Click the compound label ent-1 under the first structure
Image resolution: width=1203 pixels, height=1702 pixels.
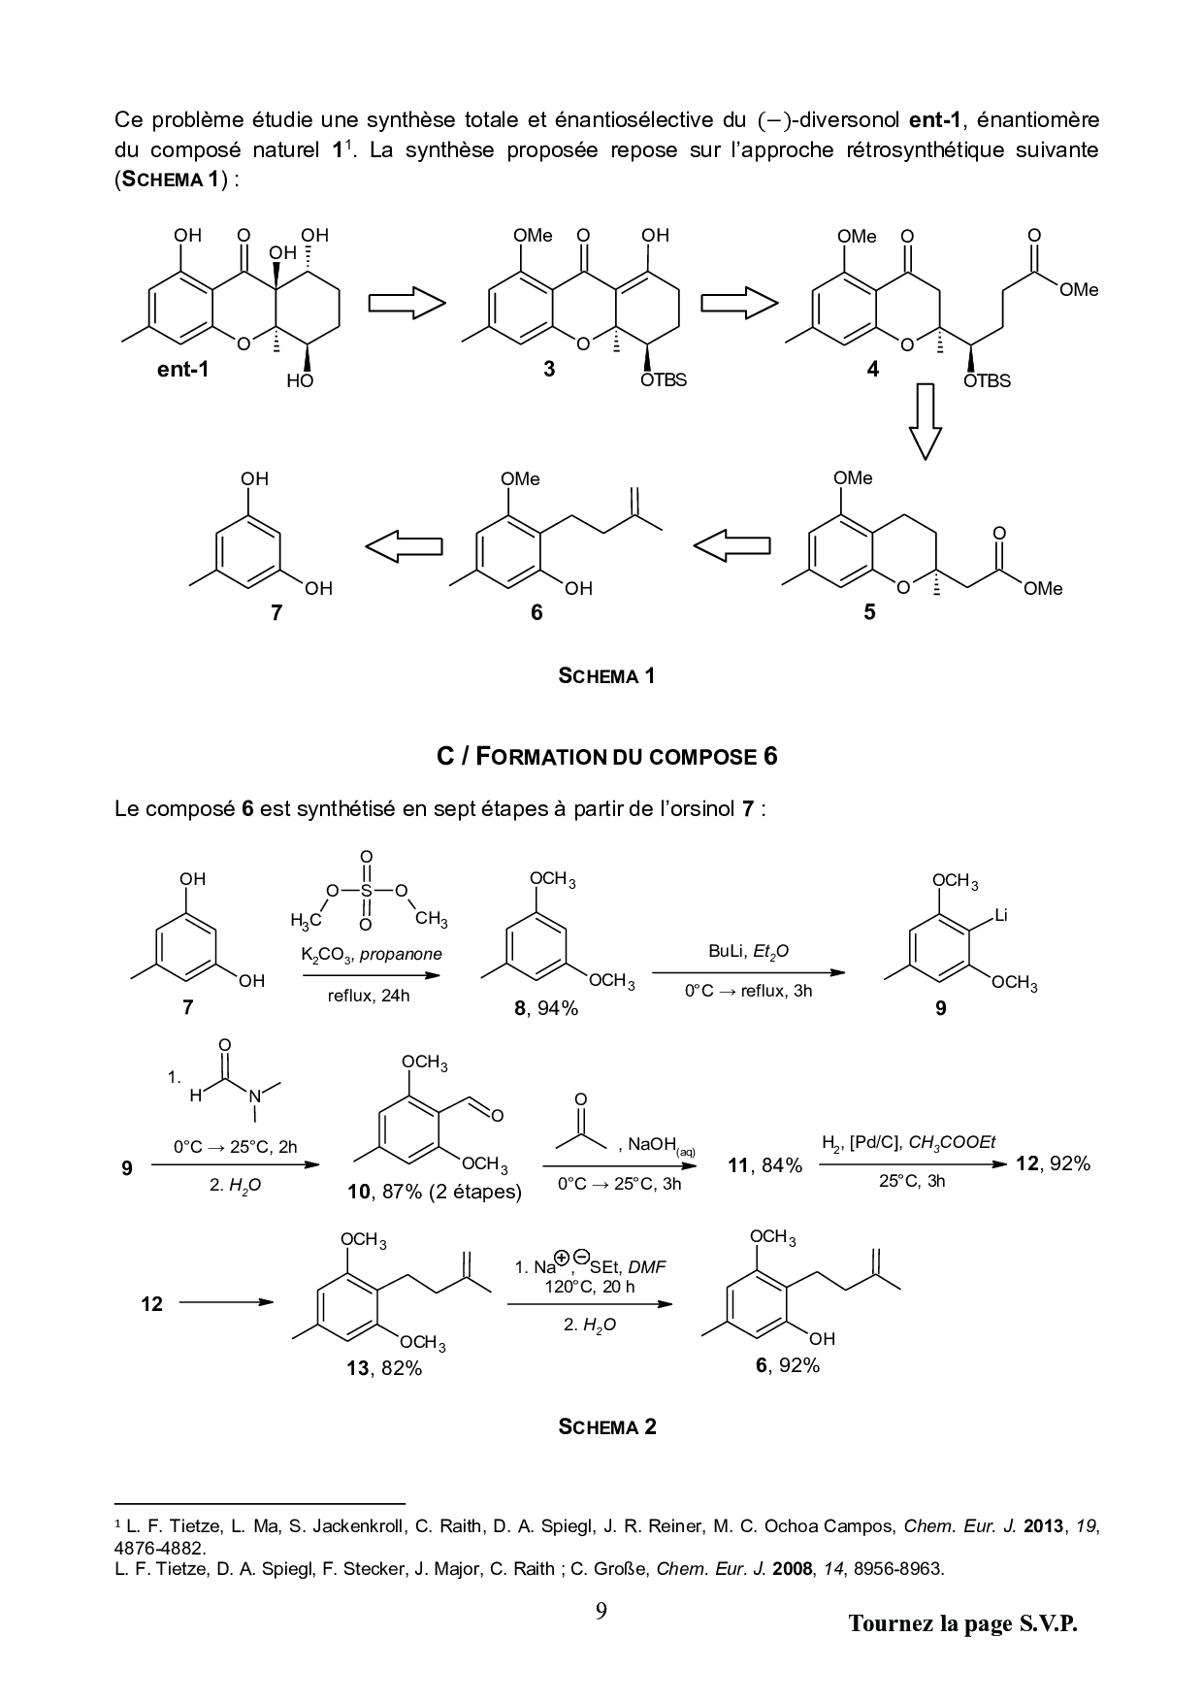point(182,369)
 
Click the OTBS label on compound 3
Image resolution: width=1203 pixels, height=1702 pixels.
point(664,380)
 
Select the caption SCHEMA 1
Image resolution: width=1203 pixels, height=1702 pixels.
point(606,676)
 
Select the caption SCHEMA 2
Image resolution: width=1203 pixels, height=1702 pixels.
point(606,1426)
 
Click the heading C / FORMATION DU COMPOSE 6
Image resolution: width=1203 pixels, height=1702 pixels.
point(606,756)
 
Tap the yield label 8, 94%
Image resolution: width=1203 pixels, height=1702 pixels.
point(546,1008)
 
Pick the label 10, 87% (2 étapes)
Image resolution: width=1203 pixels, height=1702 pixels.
point(435,1192)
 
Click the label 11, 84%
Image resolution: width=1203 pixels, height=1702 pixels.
point(765,1165)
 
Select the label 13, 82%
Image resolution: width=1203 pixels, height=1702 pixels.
point(385,1368)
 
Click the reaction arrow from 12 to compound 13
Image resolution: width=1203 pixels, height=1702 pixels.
point(227,1303)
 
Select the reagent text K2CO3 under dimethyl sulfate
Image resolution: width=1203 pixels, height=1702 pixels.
point(326,955)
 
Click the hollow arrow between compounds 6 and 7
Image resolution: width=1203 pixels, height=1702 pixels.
point(404,547)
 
